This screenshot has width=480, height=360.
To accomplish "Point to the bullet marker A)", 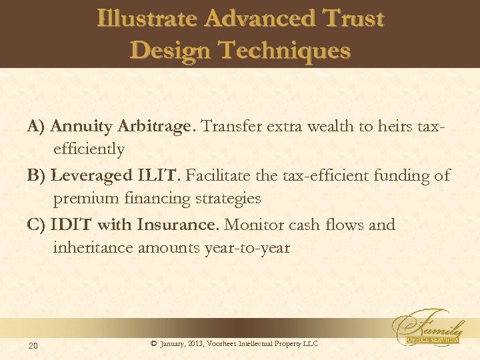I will [x=37, y=126].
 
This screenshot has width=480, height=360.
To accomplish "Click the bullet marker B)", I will [x=37, y=175].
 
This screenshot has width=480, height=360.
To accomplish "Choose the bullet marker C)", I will [x=37, y=225].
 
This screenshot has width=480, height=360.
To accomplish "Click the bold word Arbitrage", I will [x=156, y=126].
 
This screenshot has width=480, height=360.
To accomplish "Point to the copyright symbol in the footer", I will [x=154, y=343].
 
